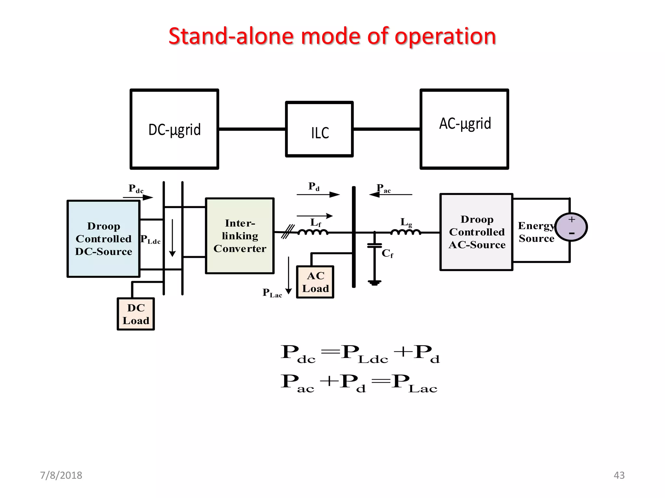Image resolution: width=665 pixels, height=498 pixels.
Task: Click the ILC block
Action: coord(319,129)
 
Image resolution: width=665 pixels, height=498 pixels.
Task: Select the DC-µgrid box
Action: coord(174,129)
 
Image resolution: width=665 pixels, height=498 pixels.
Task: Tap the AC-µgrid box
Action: coord(464,129)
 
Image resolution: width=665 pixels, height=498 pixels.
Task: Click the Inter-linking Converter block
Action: coord(240,236)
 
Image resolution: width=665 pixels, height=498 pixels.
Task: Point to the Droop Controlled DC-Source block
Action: coord(103,239)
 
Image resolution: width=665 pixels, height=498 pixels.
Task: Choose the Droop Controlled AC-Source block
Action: coord(476,232)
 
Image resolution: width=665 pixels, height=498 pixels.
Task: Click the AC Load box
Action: coord(315,282)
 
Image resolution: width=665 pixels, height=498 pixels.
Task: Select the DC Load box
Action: coord(136,314)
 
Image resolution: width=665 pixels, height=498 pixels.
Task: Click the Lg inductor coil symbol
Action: coord(406,232)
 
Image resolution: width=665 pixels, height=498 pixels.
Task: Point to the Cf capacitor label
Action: coord(387,253)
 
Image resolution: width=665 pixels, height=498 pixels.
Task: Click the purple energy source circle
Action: coord(571,227)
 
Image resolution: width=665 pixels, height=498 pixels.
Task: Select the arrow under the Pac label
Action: coord(391,195)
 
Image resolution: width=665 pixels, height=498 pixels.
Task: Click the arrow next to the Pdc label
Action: coord(138,197)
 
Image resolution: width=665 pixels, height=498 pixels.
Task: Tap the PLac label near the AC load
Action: coord(272,293)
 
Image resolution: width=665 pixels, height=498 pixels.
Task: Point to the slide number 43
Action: coord(619,475)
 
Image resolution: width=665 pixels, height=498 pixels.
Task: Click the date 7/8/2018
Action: coord(61,475)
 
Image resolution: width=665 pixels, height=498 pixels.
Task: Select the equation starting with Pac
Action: coord(359,383)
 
